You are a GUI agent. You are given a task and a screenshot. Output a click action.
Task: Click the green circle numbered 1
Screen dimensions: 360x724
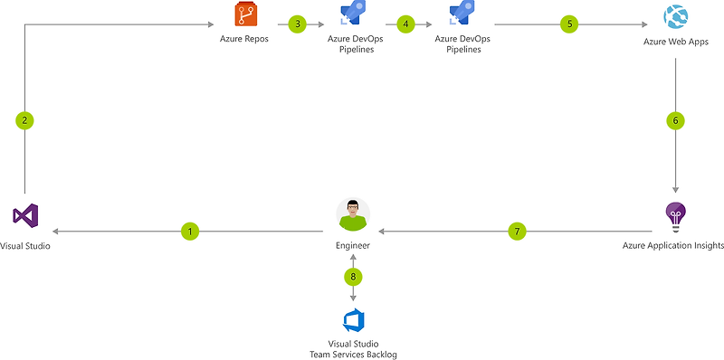(190, 232)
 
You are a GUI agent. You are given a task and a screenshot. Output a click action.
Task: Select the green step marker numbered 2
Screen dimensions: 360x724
(25, 120)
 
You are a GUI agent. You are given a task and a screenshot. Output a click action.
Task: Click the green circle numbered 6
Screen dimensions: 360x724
(674, 120)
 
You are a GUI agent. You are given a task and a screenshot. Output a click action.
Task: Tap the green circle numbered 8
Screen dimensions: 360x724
(353, 275)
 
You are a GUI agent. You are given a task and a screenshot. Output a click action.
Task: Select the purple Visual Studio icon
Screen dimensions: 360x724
(25, 216)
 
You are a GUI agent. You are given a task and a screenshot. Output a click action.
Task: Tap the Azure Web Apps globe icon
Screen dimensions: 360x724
(675, 16)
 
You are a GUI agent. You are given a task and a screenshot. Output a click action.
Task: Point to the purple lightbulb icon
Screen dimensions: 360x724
(675, 215)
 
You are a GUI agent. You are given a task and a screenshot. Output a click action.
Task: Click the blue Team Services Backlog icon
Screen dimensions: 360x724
(353, 321)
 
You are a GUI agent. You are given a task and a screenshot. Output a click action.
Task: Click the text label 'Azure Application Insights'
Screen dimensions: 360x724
(672, 246)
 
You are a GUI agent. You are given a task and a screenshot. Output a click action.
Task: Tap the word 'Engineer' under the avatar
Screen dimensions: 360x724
(353, 246)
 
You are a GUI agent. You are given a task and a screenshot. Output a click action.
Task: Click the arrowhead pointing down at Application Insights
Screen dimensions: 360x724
(675, 188)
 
